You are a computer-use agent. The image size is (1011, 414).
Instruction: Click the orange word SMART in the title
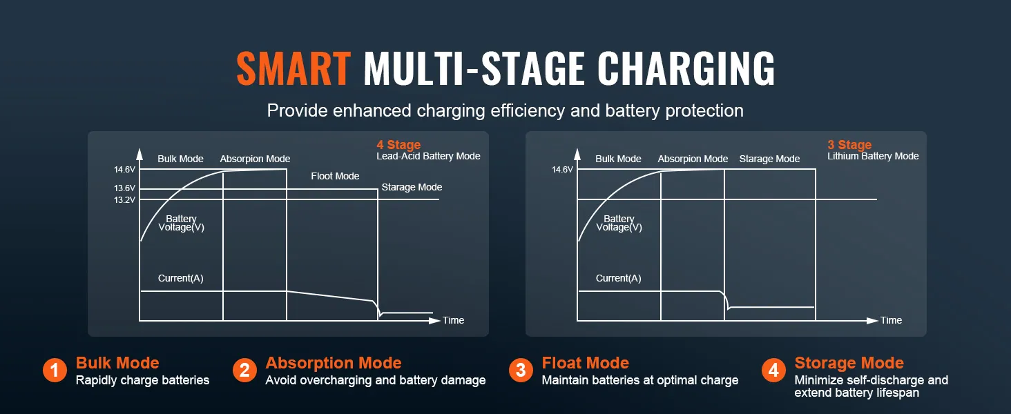tap(293, 68)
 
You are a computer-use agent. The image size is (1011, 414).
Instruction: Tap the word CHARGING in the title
tap(686, 68)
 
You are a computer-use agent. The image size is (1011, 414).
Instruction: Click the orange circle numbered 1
tap(55, 371)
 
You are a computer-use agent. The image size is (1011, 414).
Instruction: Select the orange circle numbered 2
tap(244, 371)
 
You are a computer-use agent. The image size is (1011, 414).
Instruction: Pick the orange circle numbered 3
tap(521, 371)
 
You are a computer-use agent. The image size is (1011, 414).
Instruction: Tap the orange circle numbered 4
tap(773, 371)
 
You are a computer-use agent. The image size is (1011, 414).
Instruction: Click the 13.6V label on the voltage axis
tap(124, 188)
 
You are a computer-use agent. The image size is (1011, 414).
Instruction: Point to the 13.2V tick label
tap(124, 200)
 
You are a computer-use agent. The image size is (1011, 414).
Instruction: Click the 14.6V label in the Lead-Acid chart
tap(124, 170)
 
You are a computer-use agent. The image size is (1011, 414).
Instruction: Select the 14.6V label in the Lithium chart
tap(562, 170)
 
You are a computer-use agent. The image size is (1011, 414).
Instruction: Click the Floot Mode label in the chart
tap(335, 176)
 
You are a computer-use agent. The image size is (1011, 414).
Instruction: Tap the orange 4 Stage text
tap(398, 145)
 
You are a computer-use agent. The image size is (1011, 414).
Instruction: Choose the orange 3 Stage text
tap(849, 145)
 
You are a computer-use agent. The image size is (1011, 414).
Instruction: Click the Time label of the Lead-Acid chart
tap(453, 320)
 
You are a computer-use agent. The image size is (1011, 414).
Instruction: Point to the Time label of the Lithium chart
tap(891, 320)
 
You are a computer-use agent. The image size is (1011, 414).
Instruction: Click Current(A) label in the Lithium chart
tap(618, 278)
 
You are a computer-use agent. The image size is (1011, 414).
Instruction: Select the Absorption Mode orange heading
tap(334, 363)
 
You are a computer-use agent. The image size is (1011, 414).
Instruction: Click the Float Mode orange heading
tap(586, 363)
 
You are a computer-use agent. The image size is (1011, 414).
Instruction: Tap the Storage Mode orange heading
tap(849, 363)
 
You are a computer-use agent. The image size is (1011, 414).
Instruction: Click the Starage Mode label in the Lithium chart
tap(769, 159)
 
